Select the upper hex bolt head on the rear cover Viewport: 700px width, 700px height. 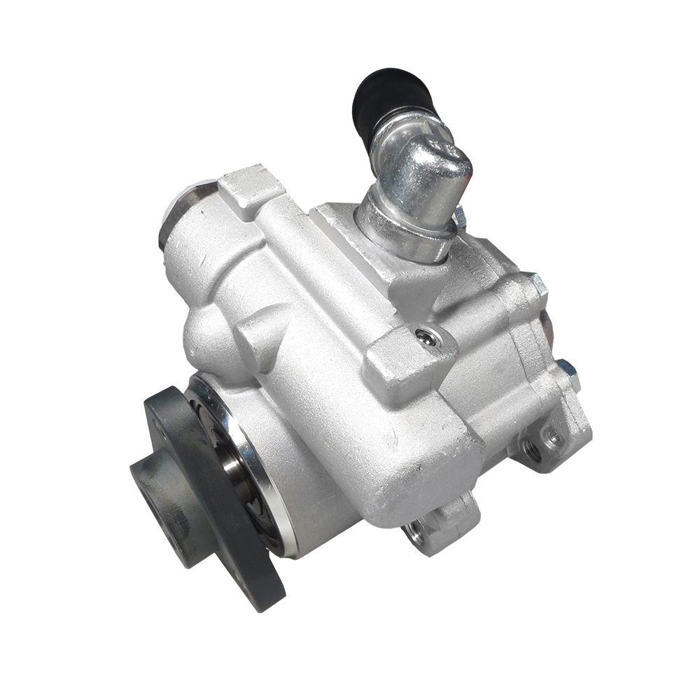pos(538,283)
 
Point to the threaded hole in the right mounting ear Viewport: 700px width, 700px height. pos(533,452)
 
